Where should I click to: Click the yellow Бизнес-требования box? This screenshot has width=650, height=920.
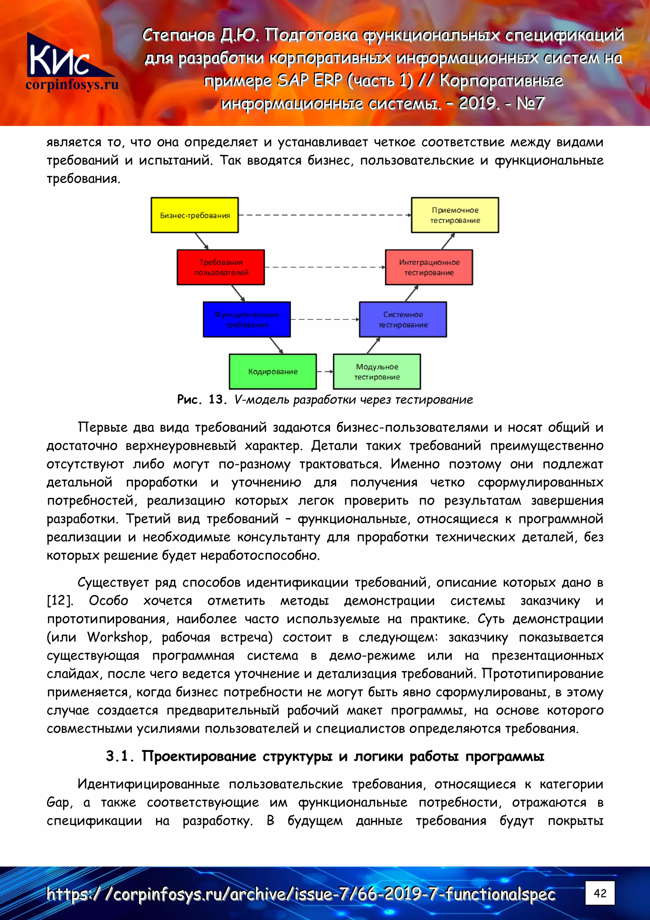pyautogui.click(x=195, y=215)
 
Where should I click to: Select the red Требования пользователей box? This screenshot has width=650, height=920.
pyautogui.click(x=221, y=267)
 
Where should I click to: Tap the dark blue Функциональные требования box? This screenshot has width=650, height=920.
pyautogui.click(x=247, y=319)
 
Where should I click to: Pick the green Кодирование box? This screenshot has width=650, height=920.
pyautogui.click(x=273, y=372)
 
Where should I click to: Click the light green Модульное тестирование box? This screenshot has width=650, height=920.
pyautogui.click(x=377, y=372)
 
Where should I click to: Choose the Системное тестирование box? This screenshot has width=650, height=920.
pyautogui.click(x=403, y=319)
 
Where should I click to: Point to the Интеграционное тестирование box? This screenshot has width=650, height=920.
pyautogui.click(x=429, y=267)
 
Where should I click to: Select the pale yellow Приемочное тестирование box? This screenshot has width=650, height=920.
pyautogui.click(x=455, y=215)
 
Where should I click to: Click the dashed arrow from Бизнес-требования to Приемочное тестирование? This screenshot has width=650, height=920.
pyautogui.click(x=324, y=215)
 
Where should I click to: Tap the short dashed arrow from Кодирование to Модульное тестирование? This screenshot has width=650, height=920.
pyautogui.click(x=325, y=372)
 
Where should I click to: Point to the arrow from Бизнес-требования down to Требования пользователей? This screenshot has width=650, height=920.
pyautogui.click(x=202, y=241)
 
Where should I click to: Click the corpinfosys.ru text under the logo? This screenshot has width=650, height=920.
pyautogui.click(x=72, y=84)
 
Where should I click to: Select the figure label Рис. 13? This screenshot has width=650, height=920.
pyautogui.click(x=202, y=400)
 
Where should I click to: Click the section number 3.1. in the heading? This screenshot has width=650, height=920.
pyautogui.click(x=119, y=756)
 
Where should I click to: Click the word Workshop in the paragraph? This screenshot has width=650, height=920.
pyautogui.click(x=118, y=637)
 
